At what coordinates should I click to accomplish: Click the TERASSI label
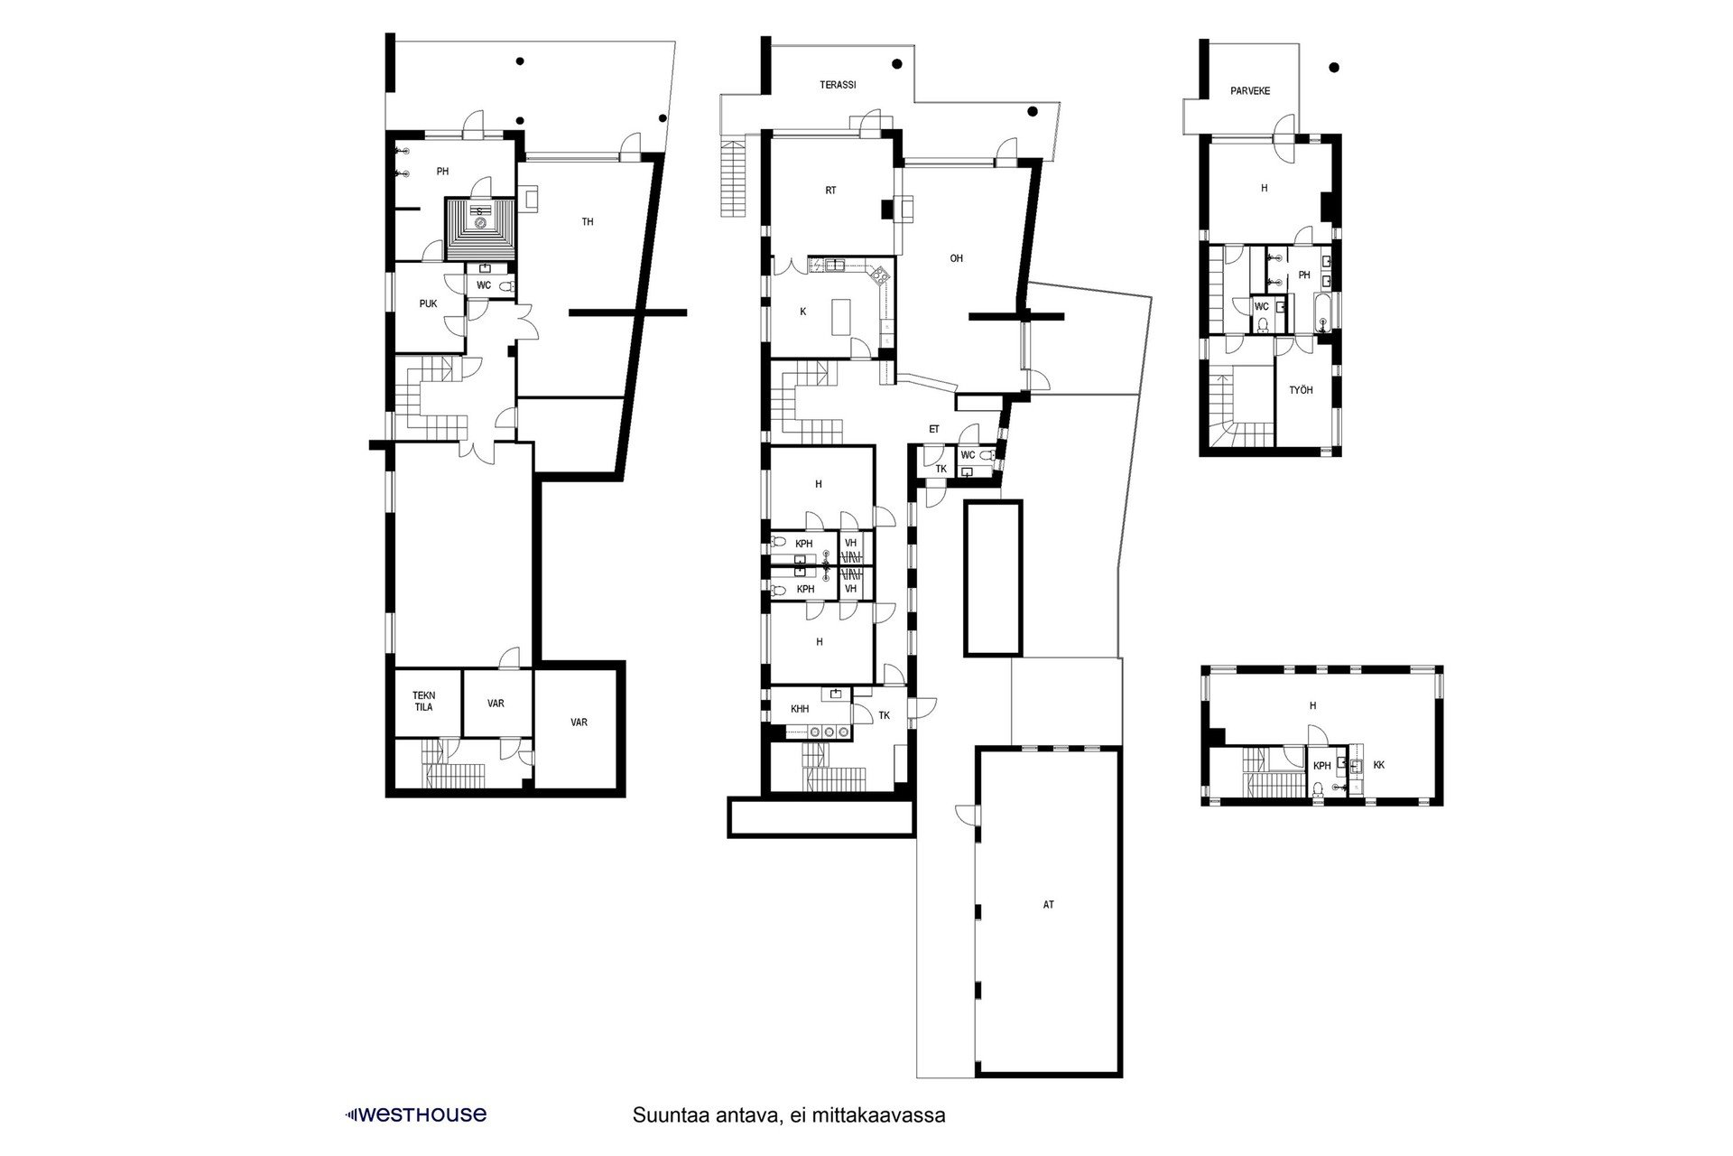point(838,85)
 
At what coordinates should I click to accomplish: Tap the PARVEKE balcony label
point(1250,91)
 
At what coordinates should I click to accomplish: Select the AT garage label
point(1048,904)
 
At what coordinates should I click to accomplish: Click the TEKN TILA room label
point(424,701)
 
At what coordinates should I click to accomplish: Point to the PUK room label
point(428,304)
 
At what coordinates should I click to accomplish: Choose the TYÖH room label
point(1301,390)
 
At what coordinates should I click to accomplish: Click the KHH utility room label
point(800,709)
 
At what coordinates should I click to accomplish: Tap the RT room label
point(830,191)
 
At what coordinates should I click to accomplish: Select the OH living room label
point(957,258)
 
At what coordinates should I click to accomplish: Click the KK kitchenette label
point(1378,765)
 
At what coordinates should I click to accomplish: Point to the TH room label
point(588,222)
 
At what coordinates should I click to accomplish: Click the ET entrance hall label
point(934,430)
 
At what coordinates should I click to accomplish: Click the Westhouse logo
point(416,1114)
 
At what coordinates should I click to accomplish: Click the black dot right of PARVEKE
point(1334,68)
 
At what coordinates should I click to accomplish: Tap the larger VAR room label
point(579,722)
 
